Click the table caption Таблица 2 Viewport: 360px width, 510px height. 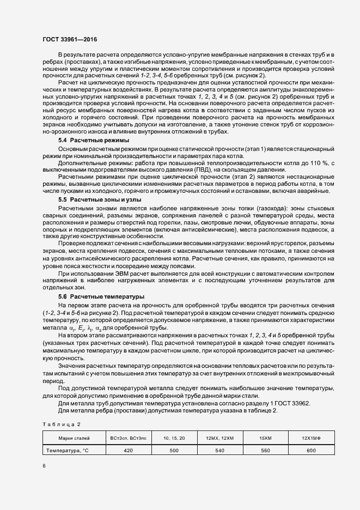tap(61, 423)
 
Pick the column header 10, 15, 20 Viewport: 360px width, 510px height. tap(174, 438)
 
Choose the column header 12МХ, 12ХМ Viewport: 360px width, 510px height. tap(219, 438)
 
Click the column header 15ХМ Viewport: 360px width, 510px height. tap(265, 438)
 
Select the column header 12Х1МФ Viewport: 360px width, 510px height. tap(310, 438)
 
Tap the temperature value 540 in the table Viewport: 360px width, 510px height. tap(219, 451)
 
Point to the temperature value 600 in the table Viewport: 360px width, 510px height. tap(310, 451)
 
